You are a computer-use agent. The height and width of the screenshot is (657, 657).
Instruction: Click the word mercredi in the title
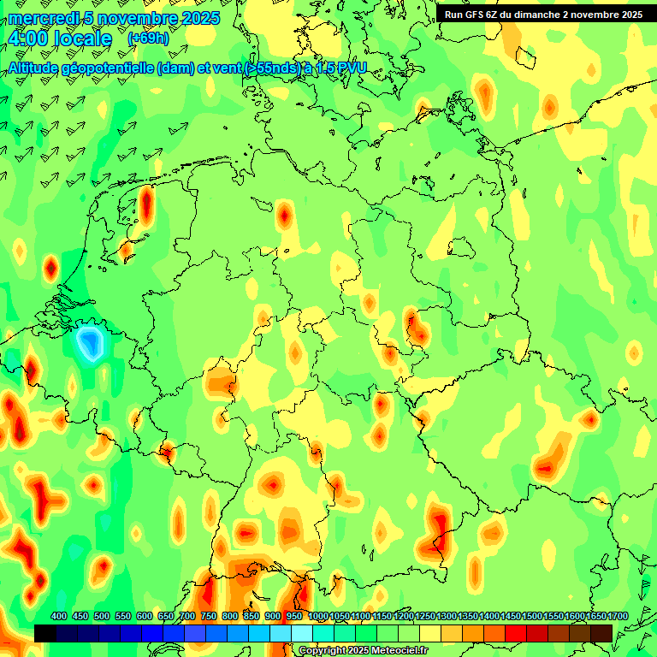coord(40,18)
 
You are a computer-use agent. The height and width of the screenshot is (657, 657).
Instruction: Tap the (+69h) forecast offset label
coord(148,38)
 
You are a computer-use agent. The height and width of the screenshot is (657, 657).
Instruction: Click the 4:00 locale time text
coord(60,39)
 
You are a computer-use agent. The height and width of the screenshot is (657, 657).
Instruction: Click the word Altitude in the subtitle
coord(40,68)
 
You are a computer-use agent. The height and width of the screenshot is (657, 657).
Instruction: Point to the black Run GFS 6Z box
coord(544,14)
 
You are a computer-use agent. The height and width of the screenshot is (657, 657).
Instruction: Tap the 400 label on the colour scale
coord(59,616)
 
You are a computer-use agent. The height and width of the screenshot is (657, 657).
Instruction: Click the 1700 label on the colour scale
coord(618,616)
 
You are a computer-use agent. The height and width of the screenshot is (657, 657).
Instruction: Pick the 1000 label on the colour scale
coord(317,616)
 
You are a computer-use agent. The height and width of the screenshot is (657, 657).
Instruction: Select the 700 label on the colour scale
coord(187,616)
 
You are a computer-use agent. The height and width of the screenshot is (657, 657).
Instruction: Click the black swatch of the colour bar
coord(45,633)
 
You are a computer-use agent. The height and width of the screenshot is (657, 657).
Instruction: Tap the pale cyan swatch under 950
coord(302,633)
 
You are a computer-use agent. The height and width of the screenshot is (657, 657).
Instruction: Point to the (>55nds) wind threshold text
coord(264,68)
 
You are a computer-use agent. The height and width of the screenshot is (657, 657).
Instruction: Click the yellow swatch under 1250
coord(430,633)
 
